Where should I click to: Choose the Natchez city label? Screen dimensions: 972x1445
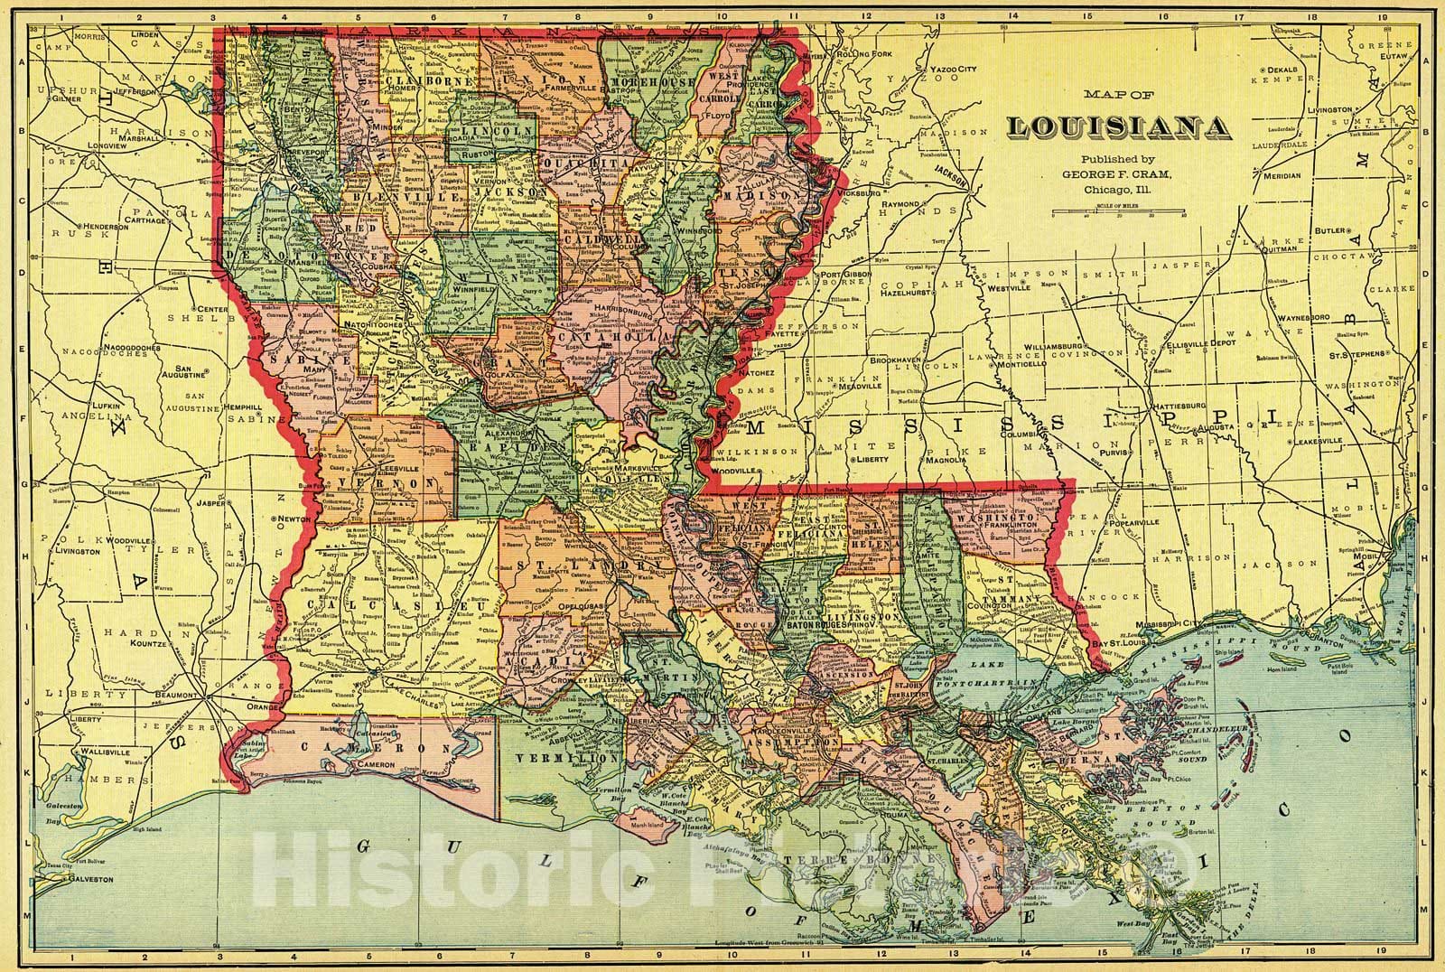click(756, 371)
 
